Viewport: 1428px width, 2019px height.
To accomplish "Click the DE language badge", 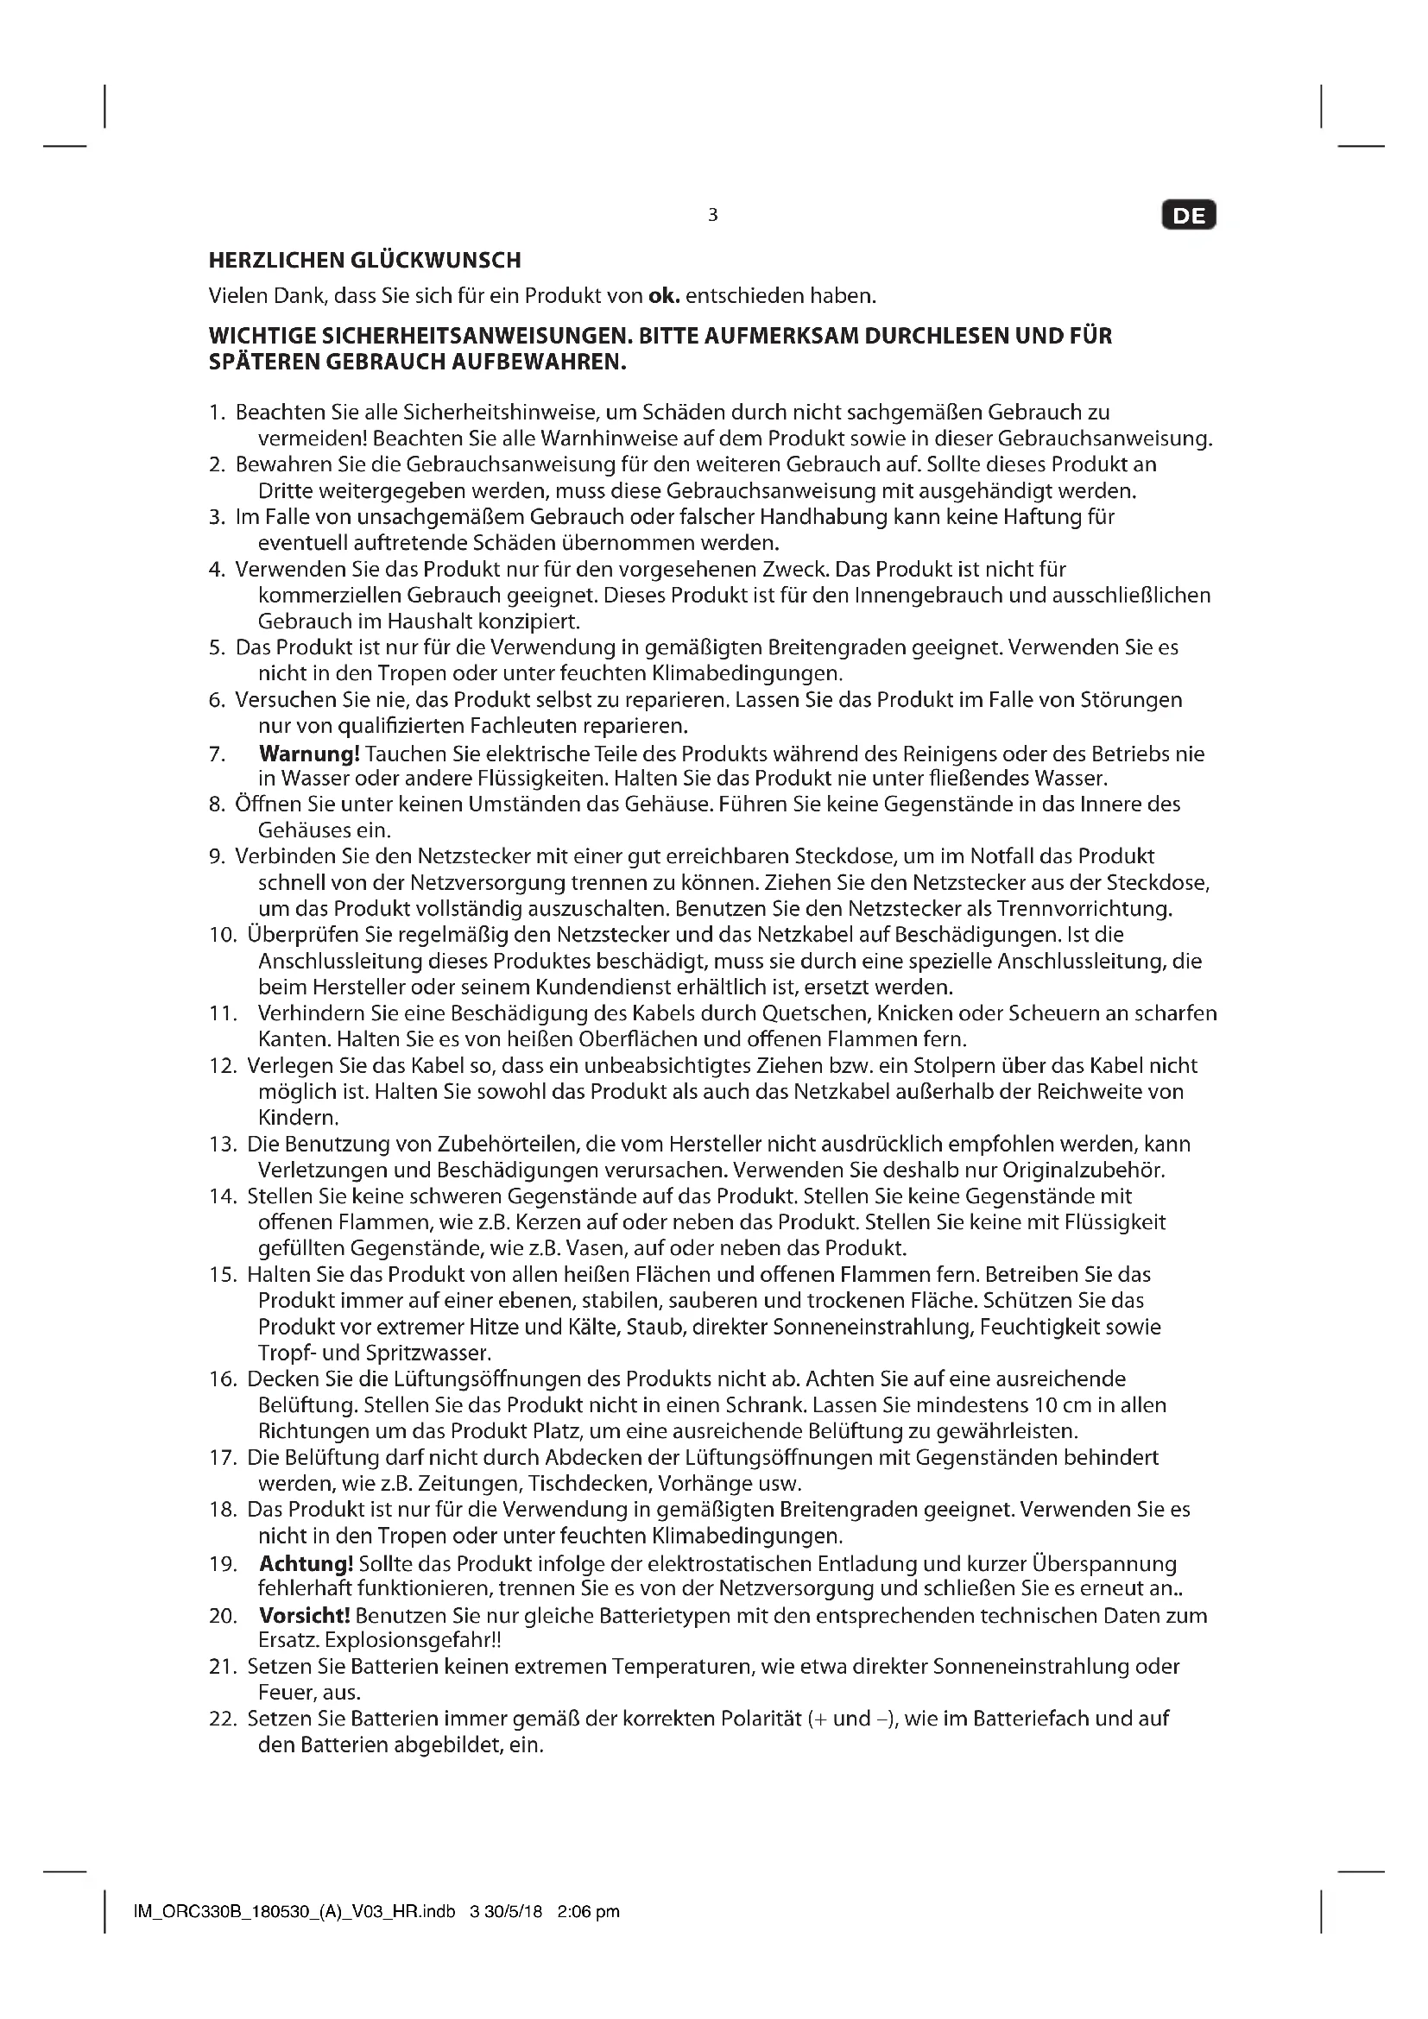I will coord(1189,216).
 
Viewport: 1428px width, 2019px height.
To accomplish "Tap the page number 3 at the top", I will coord(712,215).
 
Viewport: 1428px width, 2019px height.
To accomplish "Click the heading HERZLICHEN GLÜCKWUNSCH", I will coord(365,261).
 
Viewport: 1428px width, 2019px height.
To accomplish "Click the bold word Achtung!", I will coord(306,1563).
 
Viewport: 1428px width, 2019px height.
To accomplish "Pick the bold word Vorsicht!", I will coord(304,1615).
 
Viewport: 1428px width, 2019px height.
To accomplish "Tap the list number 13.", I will coord(223,1144).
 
